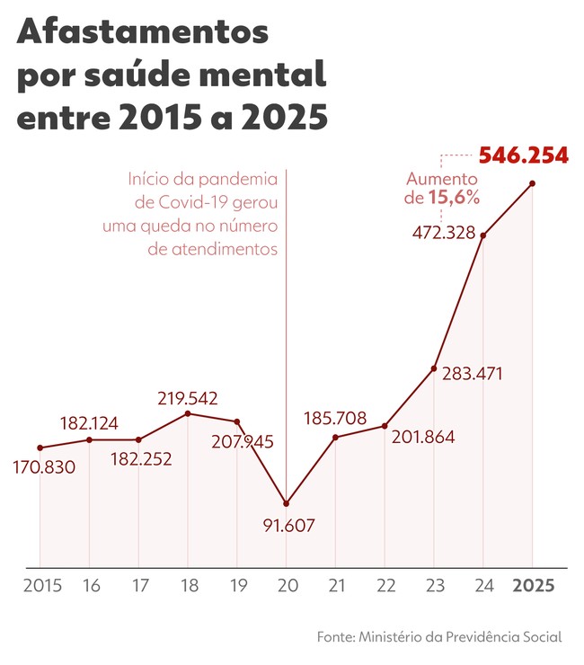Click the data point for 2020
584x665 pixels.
(286, 503)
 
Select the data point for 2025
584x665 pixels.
(533, 183)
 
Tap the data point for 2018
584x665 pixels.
(188, 413)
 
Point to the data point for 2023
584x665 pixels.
(434, 368)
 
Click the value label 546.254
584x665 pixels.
(523, 155)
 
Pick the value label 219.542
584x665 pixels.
(188, 397)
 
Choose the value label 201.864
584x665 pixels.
(423, 438)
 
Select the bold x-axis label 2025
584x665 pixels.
(534, 585)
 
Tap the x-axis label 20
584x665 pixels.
(286, 585)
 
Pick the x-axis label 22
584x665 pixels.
(385, 585)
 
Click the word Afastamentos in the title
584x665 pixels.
(143, 33)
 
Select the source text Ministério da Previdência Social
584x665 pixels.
(460, 636)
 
